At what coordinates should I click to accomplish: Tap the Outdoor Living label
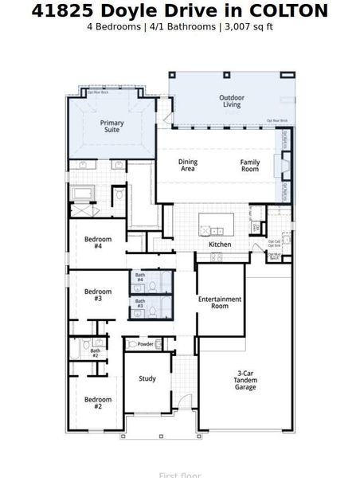pos(231,101)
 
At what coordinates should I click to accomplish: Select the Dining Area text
pos(188,165)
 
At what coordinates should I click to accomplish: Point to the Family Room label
pos(250,165)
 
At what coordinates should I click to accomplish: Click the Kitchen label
pos(220,245)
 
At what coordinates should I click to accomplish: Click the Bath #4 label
pos(139,277)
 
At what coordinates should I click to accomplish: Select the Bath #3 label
pos(139,304)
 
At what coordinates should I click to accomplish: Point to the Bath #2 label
pos(95,353)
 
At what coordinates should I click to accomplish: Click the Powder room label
pos(146,344)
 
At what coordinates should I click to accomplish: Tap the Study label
pos(147,378)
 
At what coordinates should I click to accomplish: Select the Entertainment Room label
pos(220,302)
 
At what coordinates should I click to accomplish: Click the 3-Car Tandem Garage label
pos(246,380)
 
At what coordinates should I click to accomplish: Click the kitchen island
pos(217,221)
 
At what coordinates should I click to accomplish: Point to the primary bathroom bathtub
pos(83,194)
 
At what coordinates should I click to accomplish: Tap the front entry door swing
pos(183,402)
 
